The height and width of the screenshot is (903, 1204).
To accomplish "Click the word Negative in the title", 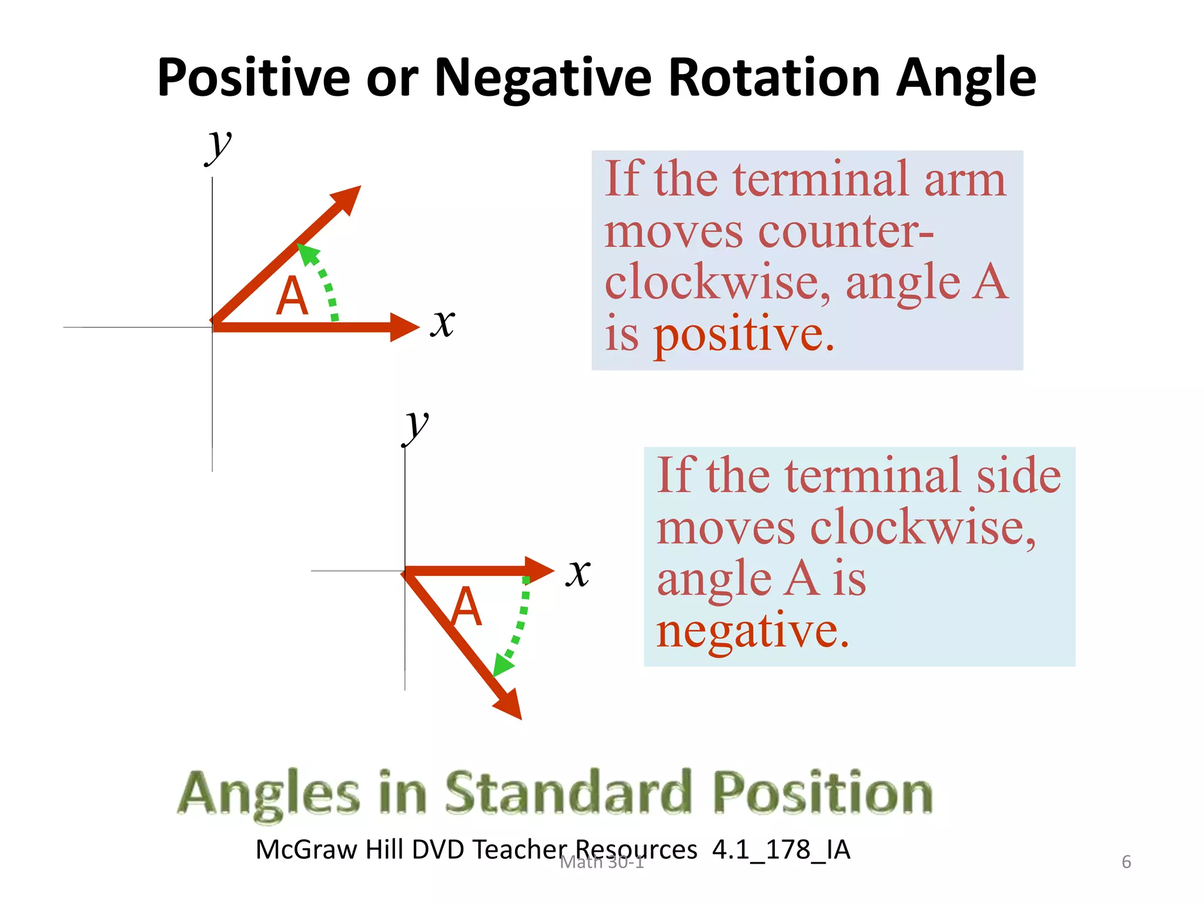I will coord(543,78).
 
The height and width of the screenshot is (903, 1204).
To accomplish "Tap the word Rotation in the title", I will coord(774,78).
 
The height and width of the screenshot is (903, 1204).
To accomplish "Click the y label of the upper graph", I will coord(219,146).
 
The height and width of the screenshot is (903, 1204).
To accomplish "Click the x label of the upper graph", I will coord(443,323).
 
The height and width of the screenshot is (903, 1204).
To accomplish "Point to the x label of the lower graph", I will coord(578,572).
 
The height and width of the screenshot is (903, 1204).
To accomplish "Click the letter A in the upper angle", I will coord(292,296).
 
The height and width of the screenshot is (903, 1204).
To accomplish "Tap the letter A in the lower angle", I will coord(466,607).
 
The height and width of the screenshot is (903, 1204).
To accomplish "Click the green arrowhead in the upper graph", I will coord(307,253).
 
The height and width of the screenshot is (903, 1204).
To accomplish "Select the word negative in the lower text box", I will coord(752,631).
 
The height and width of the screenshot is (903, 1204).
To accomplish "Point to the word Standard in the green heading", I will coord(568,793).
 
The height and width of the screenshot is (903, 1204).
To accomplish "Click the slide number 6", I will coord(1126,862).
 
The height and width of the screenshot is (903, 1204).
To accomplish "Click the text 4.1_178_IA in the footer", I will coord(781,850).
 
